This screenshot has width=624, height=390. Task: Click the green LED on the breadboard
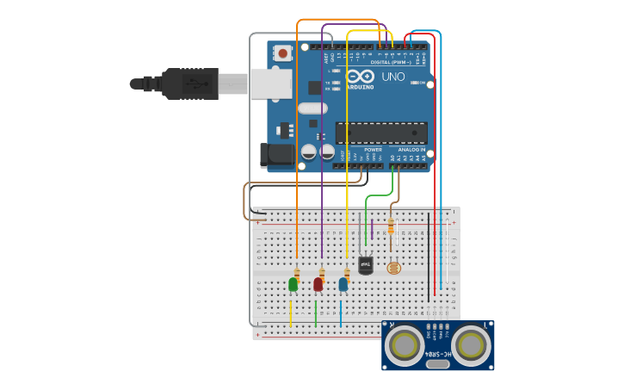(293, 283)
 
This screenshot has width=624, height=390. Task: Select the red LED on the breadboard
(318, 283)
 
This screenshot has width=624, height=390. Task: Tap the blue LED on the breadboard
(343, 283)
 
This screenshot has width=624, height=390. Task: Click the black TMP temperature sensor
(366, 265)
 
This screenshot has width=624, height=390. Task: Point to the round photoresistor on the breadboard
(394, 268)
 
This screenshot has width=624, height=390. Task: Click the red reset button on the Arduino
(282, 53)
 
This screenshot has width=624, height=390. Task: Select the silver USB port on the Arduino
(272, 84)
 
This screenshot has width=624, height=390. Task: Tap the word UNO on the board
(392, 77)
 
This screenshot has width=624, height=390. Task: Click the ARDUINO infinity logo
(360, 77)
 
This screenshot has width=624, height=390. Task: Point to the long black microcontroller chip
(381, 133)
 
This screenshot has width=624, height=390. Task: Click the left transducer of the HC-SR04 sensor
(403, 344)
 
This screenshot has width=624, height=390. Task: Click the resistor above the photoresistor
(392, 226)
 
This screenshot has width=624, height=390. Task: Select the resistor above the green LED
(297, 271)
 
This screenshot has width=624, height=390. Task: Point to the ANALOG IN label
(412, 149)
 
